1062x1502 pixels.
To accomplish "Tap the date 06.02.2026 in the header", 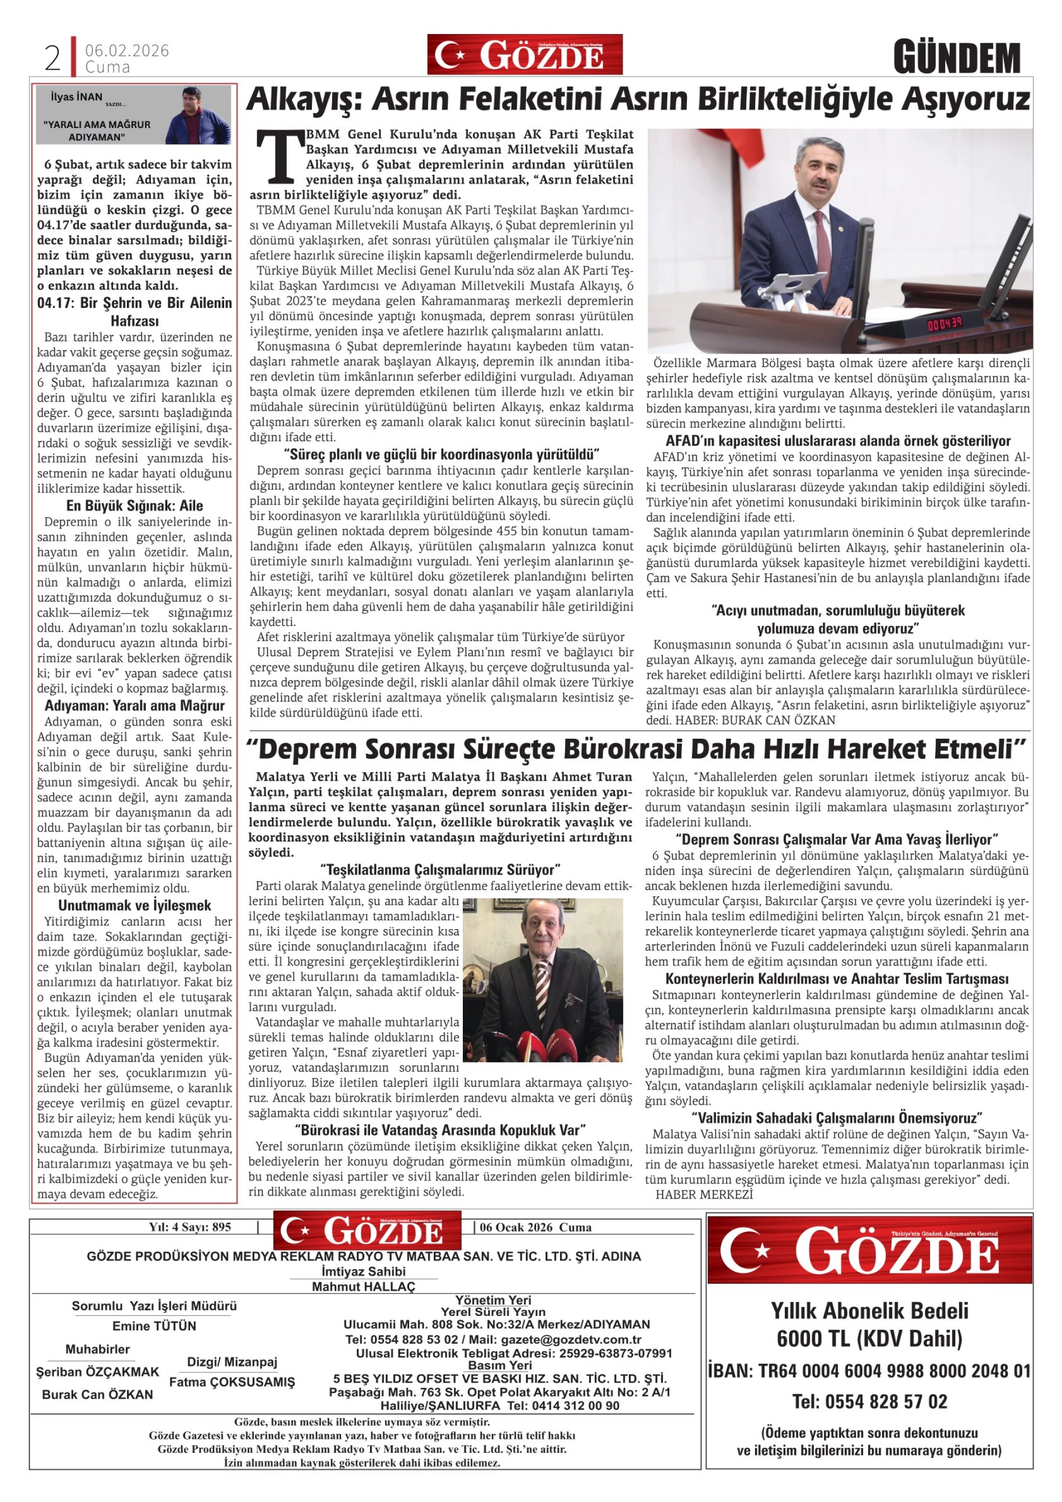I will coord(127,50).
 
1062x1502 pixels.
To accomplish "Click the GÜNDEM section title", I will coord(957,58).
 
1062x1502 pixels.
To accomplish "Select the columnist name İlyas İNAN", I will coord(77,97).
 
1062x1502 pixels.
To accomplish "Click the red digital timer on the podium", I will coord(944,323).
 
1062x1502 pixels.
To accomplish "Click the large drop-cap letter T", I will coord(281,158).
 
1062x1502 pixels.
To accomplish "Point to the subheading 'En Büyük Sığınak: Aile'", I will coord(134,506).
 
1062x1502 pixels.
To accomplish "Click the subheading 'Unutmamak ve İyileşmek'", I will coord(134,905).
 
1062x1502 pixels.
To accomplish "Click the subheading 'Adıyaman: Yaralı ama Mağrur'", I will coord(134,705).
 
